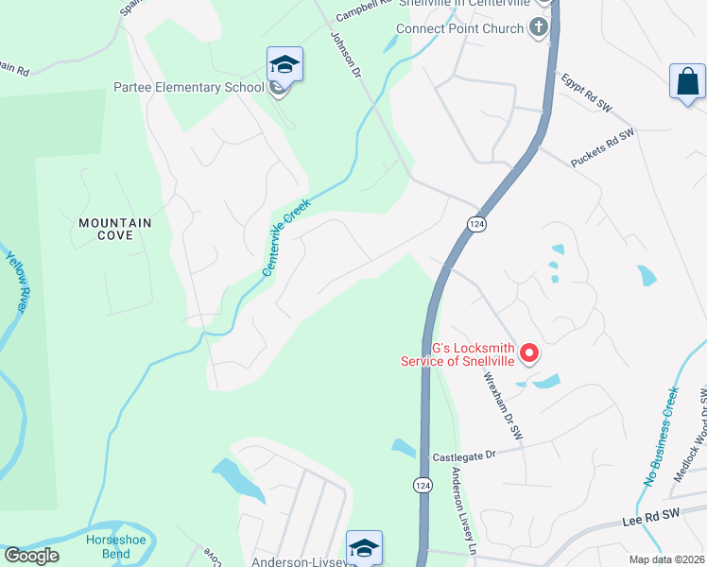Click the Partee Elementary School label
point(188,88)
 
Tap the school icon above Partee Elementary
point(285,64)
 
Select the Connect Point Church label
point(459,28)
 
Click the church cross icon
point(540,26)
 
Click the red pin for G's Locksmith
point(529,354)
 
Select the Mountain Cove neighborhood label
point(114,229)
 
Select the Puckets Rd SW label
point(602,149)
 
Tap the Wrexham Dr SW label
point(503,405)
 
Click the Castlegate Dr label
point(464,455)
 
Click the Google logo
point(31,555)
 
